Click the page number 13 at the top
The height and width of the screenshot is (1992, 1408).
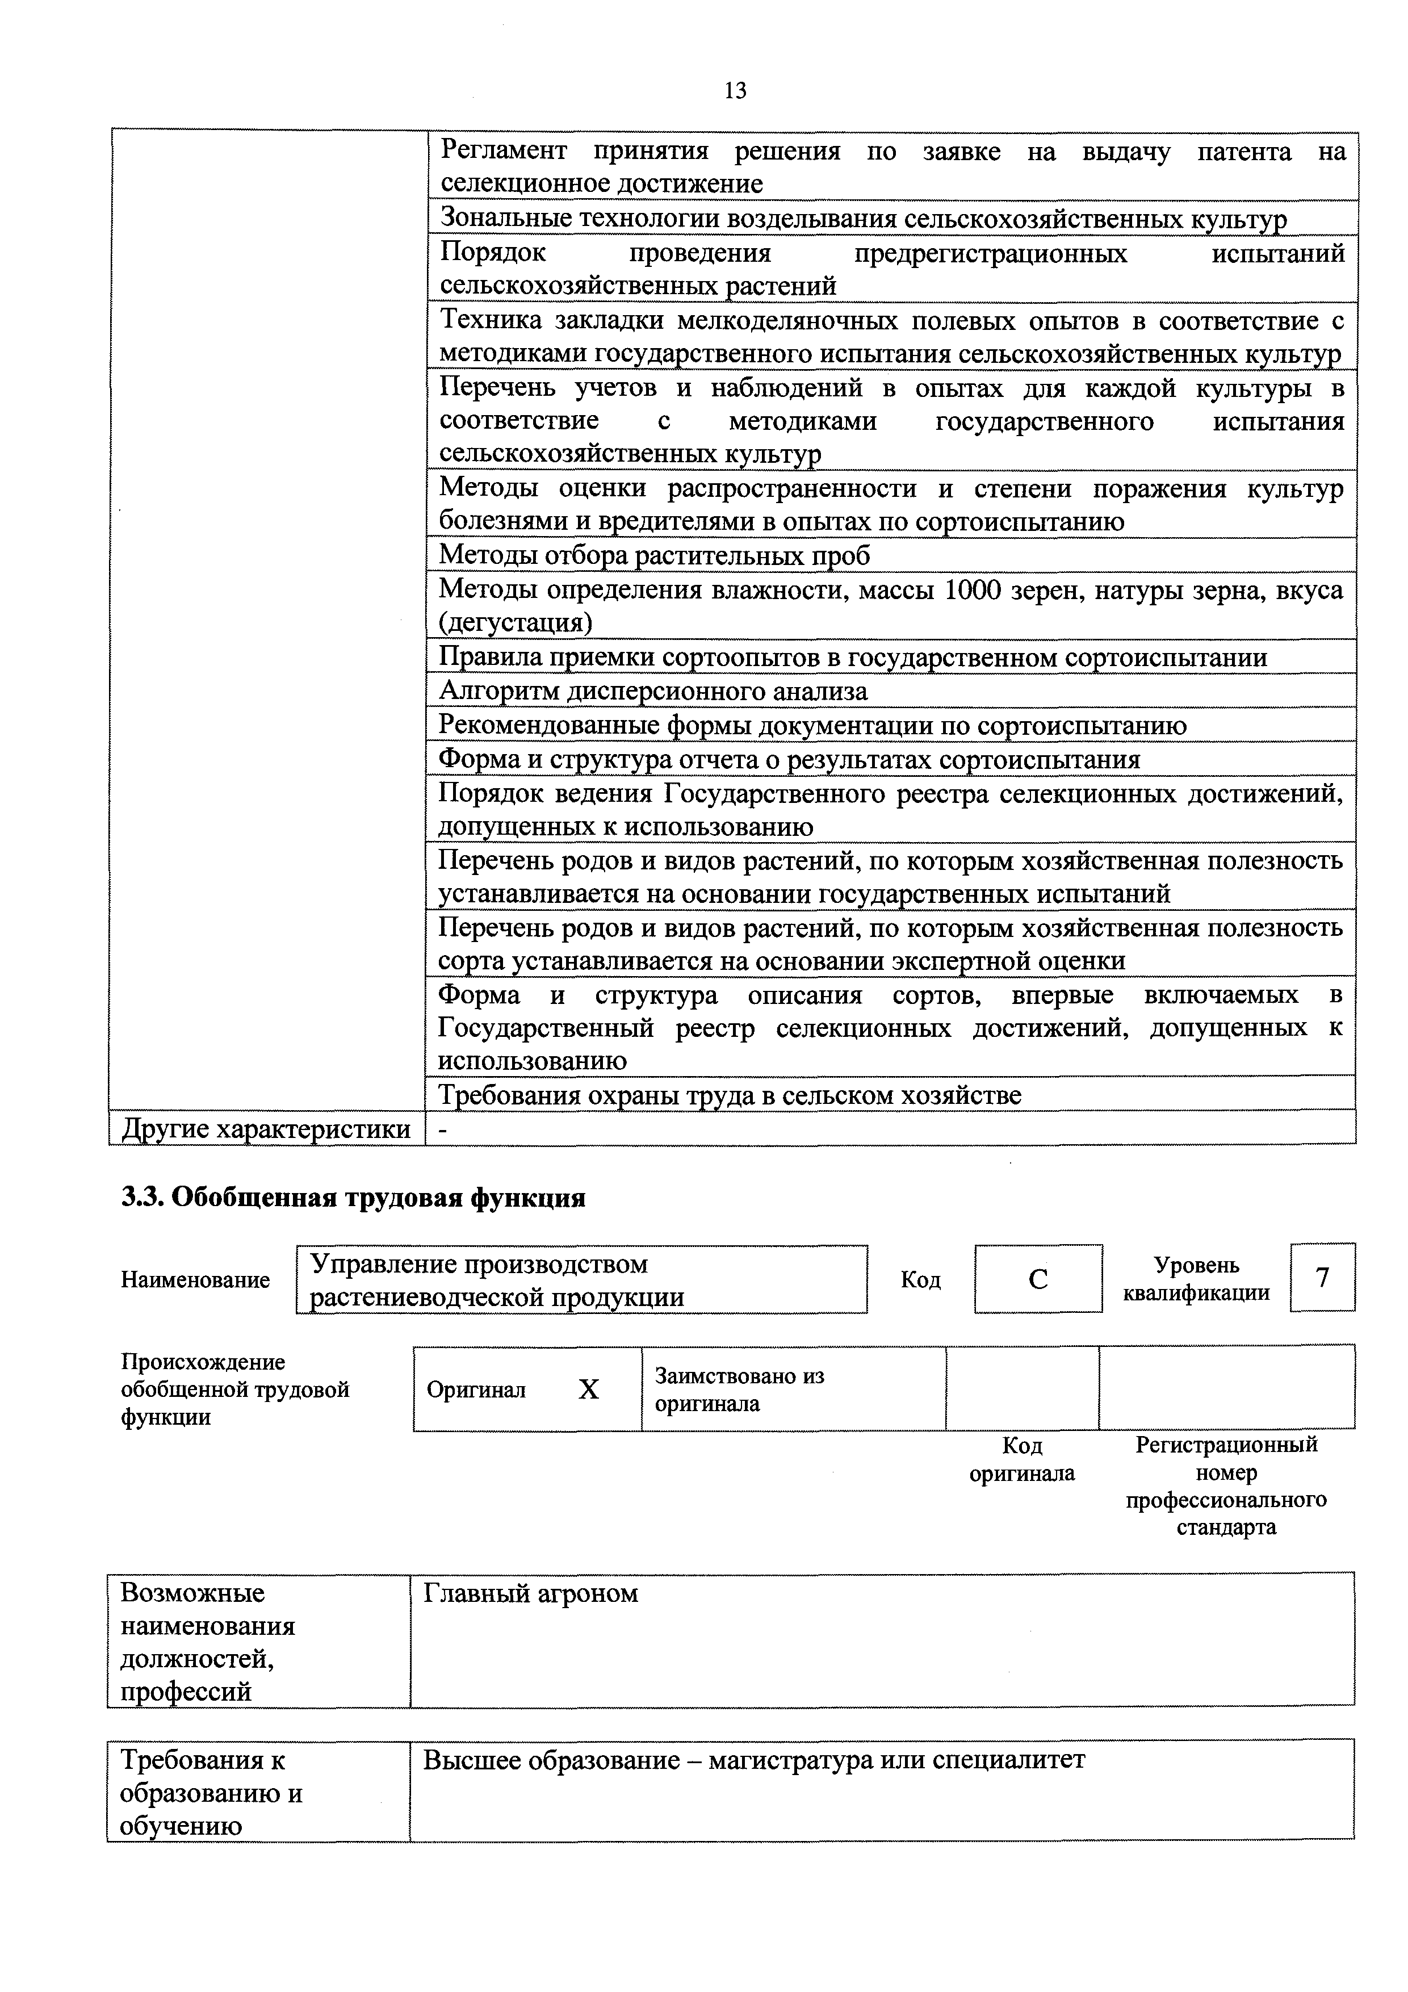tap(735, 90)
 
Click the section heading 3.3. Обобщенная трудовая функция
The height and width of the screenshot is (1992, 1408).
tap(353, 1198)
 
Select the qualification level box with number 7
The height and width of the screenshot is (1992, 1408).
tap(1322, 1277)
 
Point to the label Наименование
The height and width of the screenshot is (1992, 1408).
tap(195, 1280)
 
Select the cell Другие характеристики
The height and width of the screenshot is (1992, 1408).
tap(266, 1129)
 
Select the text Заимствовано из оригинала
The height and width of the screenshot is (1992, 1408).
tap(739, 1390)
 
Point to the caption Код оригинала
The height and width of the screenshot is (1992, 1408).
tap(1022, 1459)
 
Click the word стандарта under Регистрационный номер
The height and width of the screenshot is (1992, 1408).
tap(1226, 1528)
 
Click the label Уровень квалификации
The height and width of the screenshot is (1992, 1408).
tap(1196, 1279)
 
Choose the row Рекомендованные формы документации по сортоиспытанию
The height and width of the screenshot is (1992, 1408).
tap(812, 725)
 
